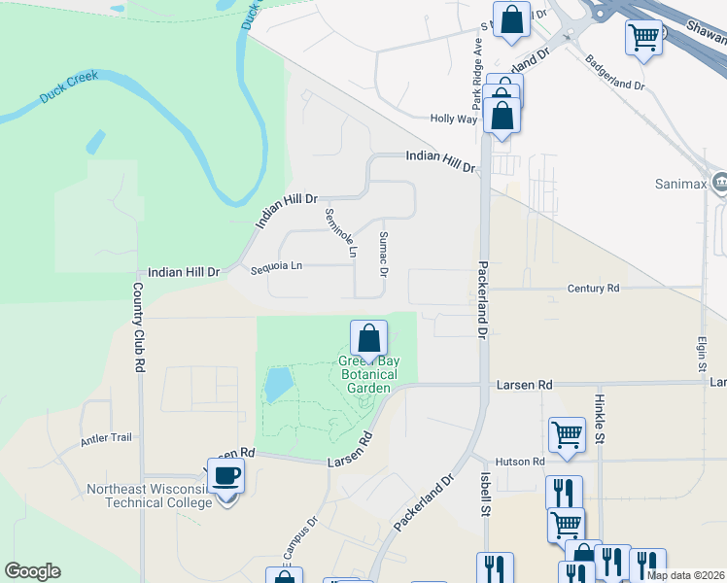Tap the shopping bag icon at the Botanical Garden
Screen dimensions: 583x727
(x=369, y=340)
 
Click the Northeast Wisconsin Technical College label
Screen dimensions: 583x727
(x=149, y=496)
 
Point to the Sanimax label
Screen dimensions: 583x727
(x=677, y=182)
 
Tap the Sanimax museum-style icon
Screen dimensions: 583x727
(x=719, y=181)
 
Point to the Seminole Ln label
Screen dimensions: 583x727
(x=342, y=234)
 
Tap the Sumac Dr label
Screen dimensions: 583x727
(x=383, y=254)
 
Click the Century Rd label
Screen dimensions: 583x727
(x=593, y=289)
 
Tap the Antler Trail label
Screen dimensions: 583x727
(x=106, y=437)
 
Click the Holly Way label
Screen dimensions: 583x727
(x=454, y=119)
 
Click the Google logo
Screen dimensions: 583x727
(x=33, y=571)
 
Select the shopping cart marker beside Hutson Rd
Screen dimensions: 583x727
(x=567, y=436)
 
